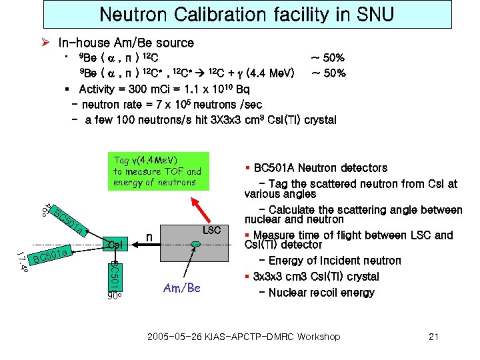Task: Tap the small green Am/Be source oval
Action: [195, 245]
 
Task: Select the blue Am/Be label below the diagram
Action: [181, 288]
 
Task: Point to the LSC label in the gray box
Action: [211, 230]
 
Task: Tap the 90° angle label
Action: [115, 297]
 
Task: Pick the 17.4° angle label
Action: [23, 261]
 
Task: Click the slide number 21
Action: [433, 337]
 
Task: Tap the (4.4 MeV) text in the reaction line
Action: [270, 73]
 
